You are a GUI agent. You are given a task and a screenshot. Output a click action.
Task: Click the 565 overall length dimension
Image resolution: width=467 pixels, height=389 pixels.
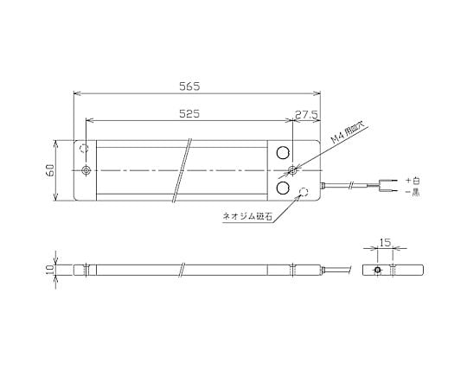[x=189, y=86]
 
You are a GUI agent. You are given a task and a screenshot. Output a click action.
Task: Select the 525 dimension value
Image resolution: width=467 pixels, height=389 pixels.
[x=189, y=113]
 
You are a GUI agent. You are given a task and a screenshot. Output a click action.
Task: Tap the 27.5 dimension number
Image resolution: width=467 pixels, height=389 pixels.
[x=306, y=114]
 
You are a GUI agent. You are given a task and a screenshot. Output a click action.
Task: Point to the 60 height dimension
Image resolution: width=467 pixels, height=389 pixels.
[x=50, y=170]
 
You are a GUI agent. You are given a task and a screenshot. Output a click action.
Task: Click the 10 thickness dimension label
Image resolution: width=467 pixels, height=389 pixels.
[x=50, y=270]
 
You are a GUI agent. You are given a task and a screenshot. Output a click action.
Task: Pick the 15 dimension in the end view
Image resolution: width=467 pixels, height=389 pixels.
[x=385, y=243]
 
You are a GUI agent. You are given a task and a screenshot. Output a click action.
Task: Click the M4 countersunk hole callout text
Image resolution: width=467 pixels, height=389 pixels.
[x=348, y=134]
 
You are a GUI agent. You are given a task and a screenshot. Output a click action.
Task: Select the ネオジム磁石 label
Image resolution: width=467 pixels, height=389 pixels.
[x=247, y=216]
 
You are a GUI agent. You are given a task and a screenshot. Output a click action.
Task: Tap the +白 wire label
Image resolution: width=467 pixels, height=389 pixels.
[x=413, y=180]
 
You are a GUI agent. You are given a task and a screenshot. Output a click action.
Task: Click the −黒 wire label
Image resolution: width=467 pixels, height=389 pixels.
[x=413, y=192]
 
